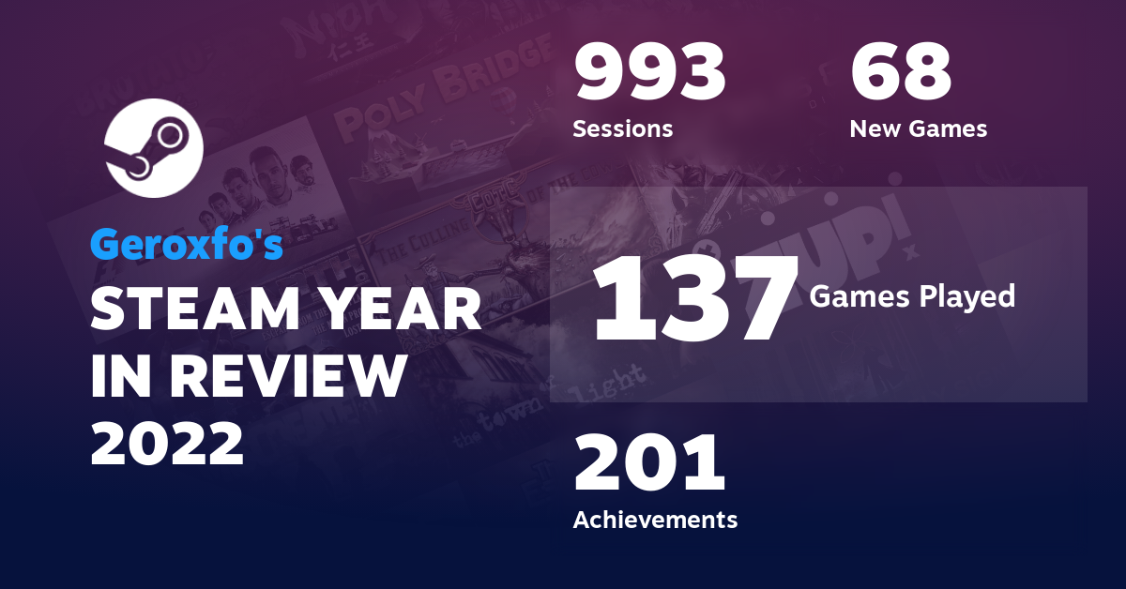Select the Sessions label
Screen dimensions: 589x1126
pos(622,128)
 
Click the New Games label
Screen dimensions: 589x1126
pos(918,128)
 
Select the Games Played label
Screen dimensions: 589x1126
pos(912,296)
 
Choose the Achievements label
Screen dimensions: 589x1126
pos(655,519)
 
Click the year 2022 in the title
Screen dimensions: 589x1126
pos(167,444)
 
